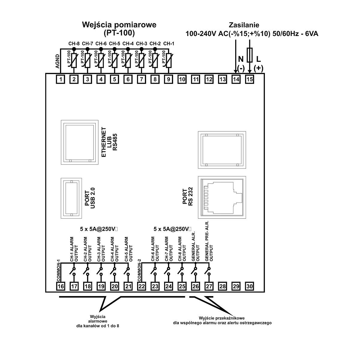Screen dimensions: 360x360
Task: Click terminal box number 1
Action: click(x=61, y=79)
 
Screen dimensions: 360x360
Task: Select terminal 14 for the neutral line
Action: click(x=236, y=79)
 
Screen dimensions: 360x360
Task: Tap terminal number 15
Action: click(x=250, y=79)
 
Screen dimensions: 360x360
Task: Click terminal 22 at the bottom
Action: click(x=142, y=286)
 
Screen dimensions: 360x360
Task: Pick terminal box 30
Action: click(x=250, y=286)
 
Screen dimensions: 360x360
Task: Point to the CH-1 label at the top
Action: click(x=169, y=43)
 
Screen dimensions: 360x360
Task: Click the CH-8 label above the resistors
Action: click(x=74, y=43)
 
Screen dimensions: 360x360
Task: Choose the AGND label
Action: click(x=58, y=62)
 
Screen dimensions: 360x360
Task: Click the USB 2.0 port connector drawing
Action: click(x=71, y=199)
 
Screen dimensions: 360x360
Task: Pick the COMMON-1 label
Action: click(x=59, y=271)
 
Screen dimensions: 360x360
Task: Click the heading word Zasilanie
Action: click(x=244, y=25)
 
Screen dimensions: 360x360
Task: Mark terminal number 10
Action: click(x=182, y=79)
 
